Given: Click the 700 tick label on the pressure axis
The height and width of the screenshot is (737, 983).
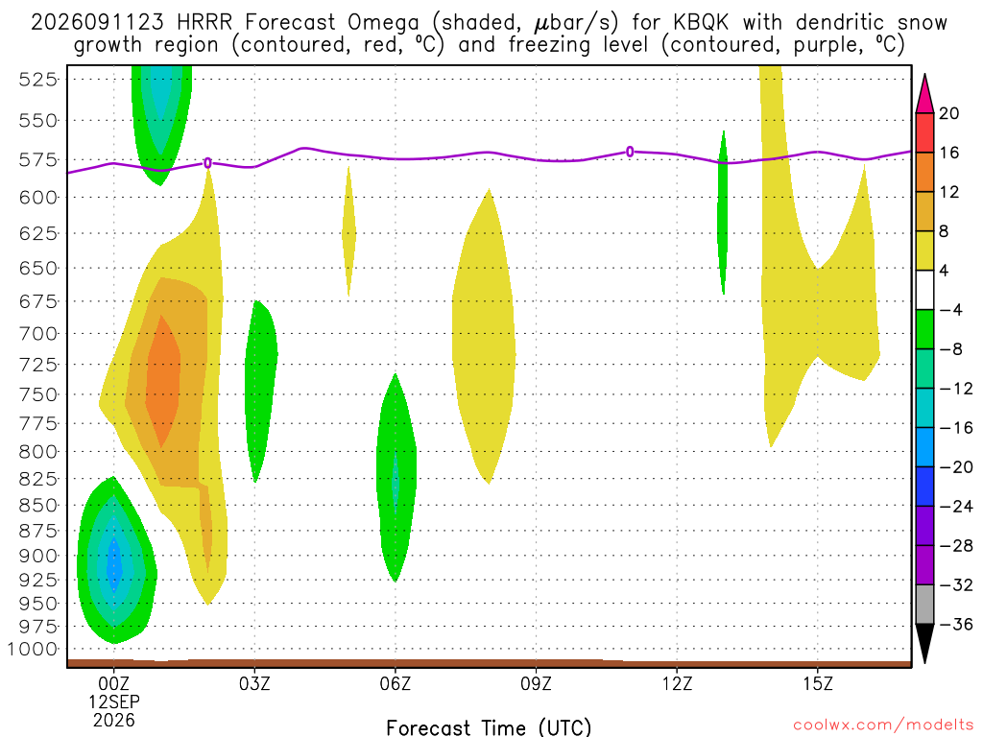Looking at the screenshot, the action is point(37,333).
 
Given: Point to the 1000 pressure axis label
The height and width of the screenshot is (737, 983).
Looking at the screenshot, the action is point(32,650).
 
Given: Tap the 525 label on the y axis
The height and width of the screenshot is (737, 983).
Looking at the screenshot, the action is point(37,80).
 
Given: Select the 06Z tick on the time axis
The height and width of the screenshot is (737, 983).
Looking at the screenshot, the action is point(395,683).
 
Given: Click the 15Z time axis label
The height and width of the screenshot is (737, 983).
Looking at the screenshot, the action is point(818,683).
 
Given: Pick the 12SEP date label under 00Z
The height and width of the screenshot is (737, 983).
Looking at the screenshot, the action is point(113,701).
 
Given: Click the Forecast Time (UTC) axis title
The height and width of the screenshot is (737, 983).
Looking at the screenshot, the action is point(489,727).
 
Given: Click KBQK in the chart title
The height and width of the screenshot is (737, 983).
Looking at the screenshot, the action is point(701,23).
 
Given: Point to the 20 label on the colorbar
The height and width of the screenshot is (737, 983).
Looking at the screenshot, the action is point(948,113).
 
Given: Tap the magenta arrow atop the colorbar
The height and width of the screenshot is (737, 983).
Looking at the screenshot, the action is point(924,94).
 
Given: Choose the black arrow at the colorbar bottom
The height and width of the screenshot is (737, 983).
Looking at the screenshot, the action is point(924,643).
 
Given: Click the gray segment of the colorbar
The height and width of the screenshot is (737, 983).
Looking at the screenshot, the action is point(924,605).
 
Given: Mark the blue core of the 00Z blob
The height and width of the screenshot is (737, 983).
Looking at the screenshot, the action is point(114,563).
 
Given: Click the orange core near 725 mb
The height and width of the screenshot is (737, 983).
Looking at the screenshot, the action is point(163,382).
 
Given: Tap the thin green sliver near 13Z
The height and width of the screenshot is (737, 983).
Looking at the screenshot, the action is point(723,213).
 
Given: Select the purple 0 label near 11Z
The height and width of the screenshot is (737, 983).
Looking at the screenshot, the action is point(630,152).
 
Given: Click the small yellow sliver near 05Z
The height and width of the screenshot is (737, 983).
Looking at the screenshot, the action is point(349,230).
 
